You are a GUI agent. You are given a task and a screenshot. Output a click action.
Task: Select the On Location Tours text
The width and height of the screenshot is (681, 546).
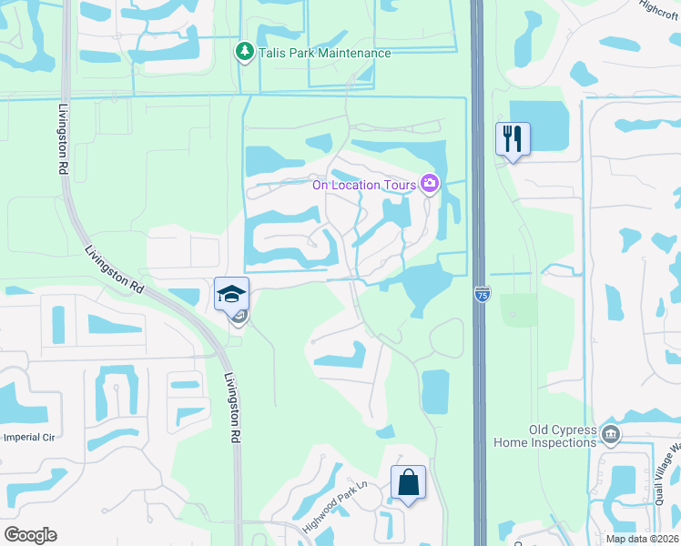coord(364,185)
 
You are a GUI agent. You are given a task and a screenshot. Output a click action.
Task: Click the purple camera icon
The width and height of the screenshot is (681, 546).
coord(430,185)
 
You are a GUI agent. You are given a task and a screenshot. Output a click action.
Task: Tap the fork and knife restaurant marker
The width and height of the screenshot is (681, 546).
coord(513,139)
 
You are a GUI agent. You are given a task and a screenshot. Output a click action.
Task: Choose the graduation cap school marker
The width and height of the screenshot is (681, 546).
coord(231,295)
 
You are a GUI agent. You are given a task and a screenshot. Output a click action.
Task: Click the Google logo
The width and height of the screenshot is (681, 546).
coord(31,535)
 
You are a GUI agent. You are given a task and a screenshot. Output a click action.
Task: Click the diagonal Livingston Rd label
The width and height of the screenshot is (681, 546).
coord(115,270)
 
